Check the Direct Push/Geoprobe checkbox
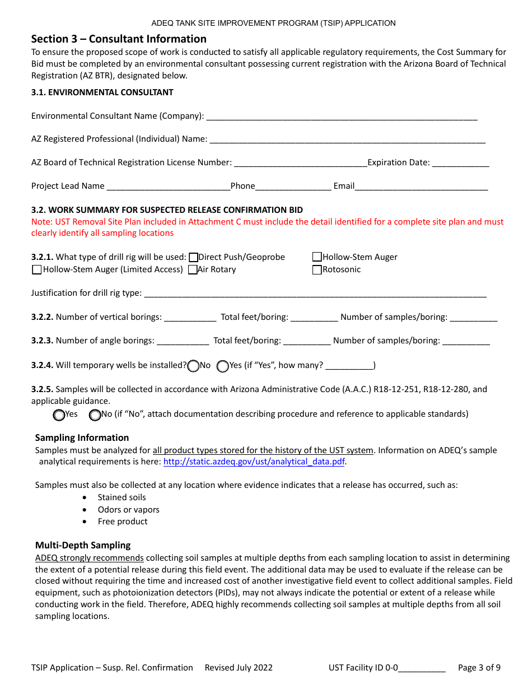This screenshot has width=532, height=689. (x=194, y=258)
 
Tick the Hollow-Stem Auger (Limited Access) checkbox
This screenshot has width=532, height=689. (x=37, y=270)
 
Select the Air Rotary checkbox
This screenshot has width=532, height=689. (x=193, y=270)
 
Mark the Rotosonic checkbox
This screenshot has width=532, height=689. (x=317, y=270)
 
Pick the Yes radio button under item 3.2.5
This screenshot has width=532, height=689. (x=59, y=415)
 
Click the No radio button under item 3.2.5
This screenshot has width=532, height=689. (x=95, y=415)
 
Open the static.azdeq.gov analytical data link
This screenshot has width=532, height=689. (x=254, y=462)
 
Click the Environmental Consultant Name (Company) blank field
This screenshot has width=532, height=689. (x=342, y=117)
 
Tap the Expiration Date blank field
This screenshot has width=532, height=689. (x=460, y=163)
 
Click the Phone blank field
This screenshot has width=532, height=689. (x=293, y=187)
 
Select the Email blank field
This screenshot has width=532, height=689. (x=421, y=187)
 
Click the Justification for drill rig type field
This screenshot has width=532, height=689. (x=315, y=294)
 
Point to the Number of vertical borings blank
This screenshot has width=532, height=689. (x=190, y=318)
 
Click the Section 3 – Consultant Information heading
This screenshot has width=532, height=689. (x=119, y=39)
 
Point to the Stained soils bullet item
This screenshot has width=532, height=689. (x=122, y=497)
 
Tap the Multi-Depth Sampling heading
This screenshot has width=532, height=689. (x=83, y=546)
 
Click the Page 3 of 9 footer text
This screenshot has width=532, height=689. (x=479, y=668)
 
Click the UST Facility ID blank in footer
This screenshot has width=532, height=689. (x=422, y=668)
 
